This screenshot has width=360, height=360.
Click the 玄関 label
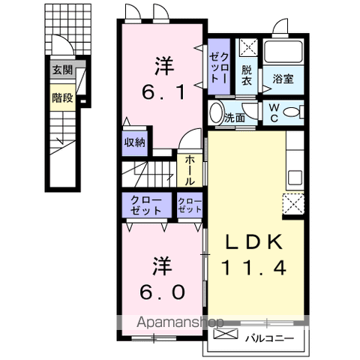pyautogui.click(x=63, y=70)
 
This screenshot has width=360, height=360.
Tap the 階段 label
pyautogui.click(x=63, y=97)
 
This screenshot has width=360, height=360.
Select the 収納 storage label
pyautogui.click(x=136, y=141)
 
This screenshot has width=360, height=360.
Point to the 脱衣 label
pyautogui.click(x=247, y=75)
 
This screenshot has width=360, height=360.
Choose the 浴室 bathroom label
pyautogui.click(x=283, y=79)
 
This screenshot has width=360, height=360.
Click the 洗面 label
pyautogui.click(x=235, y=117)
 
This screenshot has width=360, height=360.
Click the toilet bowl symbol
pyautogui.click(x=295, y=112)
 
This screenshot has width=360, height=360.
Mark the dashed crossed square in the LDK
pyautogui.click(x=293, y=202)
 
